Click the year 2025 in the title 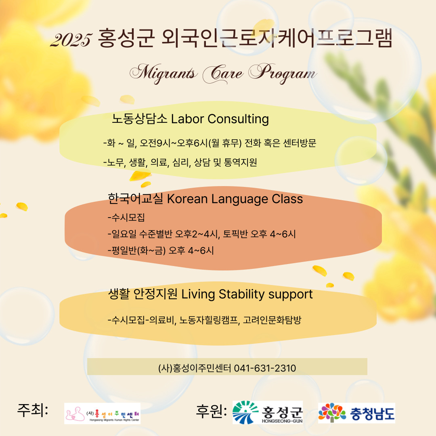click(x=71, y=40)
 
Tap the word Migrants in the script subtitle click(x=163, y=73)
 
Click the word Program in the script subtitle click(x=283, y=73)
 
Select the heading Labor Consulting click(x=220, y=119)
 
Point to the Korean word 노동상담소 click(x=139, y=119)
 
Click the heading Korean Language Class click(x=235, y=199)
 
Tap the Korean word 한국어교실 click(x=135, y=199)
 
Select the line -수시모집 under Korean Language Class click(x=126, y=217)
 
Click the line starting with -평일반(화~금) click(x=161, y=251)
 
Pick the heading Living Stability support click(x=247, y=294)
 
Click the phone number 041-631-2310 click(x=265, y=368)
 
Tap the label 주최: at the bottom click(x=33, y=410)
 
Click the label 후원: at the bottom click(x=211, y=411)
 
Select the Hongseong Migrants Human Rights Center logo click(x=102, y=413)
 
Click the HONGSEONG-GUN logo click(x=268, y=412)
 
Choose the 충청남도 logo click(x=356, y=413)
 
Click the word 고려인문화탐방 click(x=272, y=320)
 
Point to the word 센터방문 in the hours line click(x=300, y=143)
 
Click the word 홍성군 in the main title click(x=126, y=38)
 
